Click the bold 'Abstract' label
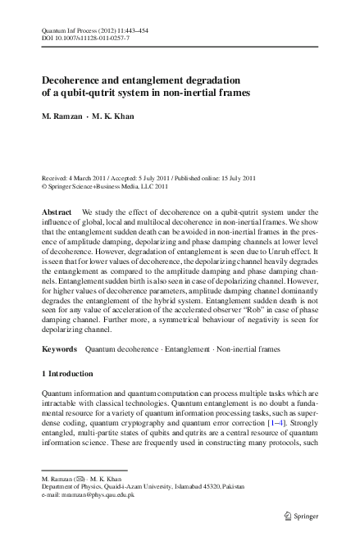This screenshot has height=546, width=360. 57,212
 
